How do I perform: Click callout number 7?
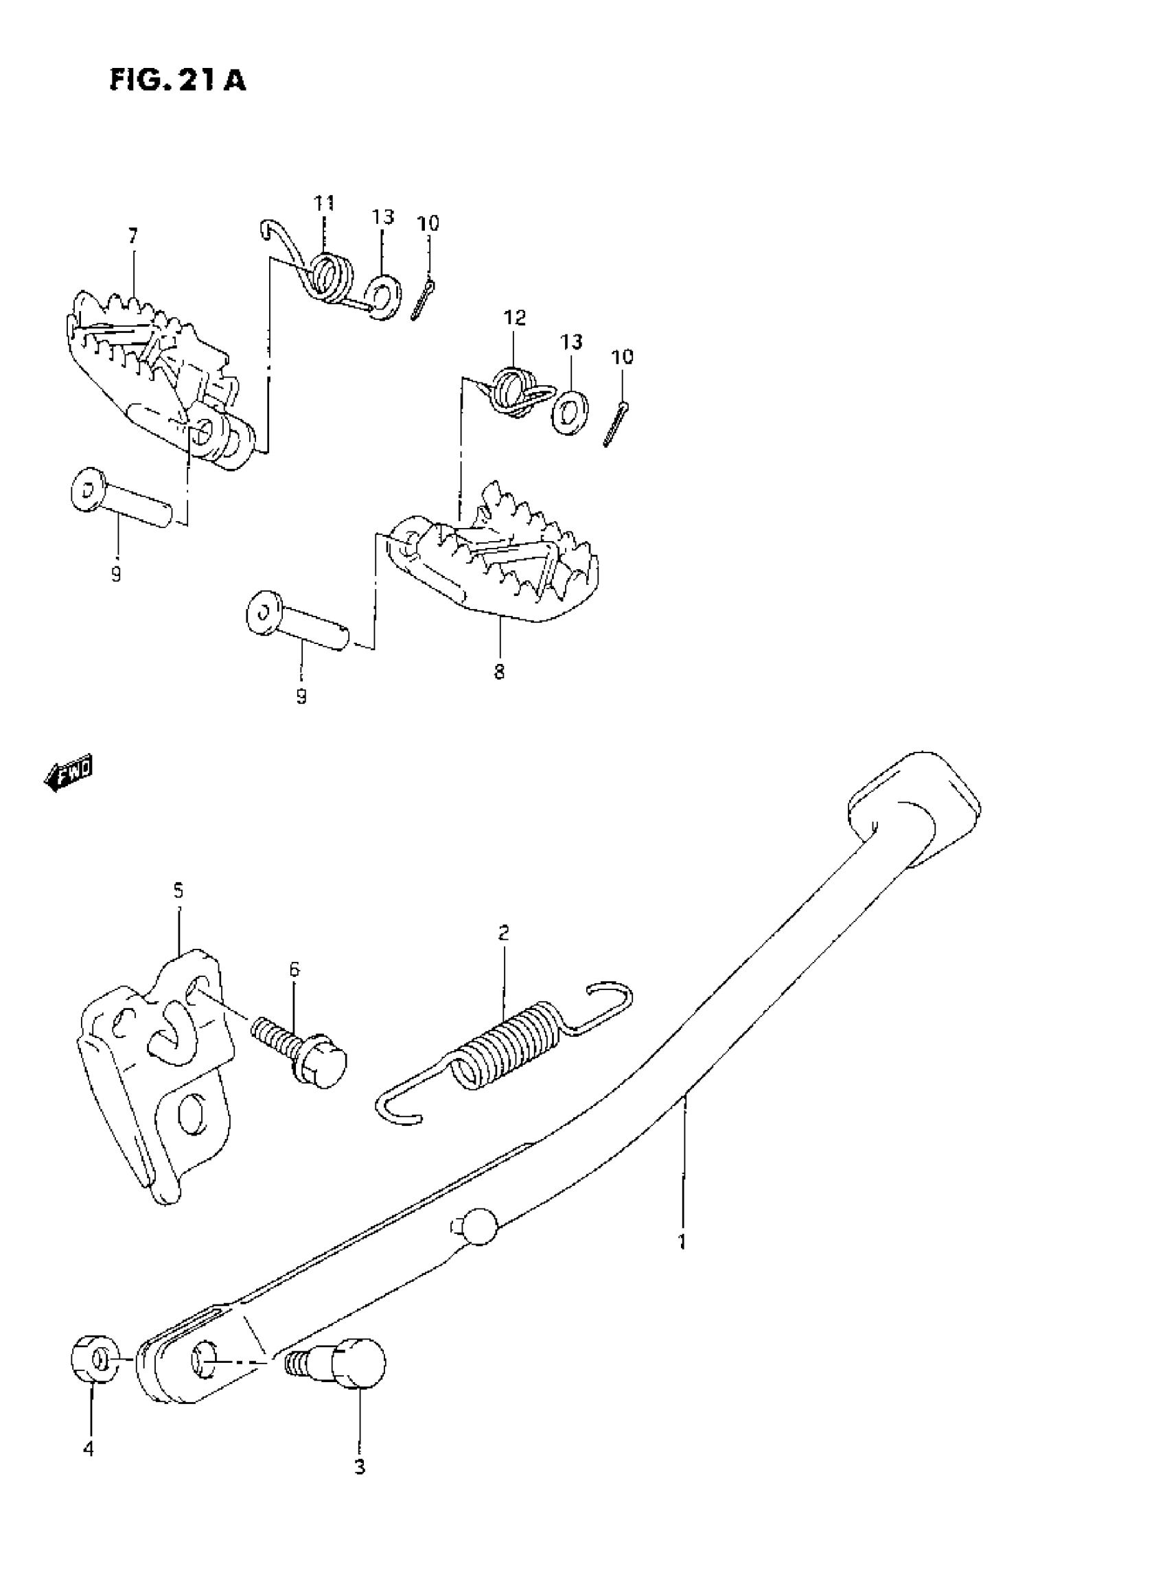pyautogui.click(x=132, y=236)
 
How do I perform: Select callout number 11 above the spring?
pyautogui.click(x=324, y=203)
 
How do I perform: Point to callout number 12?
pyautogui.click(x=515, y=318)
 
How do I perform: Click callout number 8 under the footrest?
pyautogui.click(x=500, y=672)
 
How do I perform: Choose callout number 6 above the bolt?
pyautogui.click(x=294, y=969)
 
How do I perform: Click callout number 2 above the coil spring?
pyautogui.click(x=503, y=932)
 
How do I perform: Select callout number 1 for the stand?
pyautogui.click(x=682, y=1242)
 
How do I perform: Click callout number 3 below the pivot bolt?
pyautogui.click(x=360, y=1467)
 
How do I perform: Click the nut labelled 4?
pyautogui.click(x=95, y=1359)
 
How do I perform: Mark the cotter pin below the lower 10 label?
pyautogui.click(x=616, y=422)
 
